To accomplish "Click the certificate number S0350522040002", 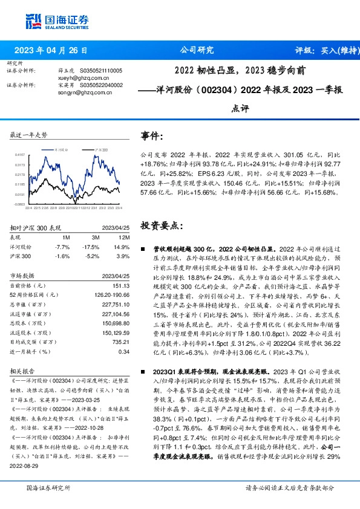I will coord(101,85).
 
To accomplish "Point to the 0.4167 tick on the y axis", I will coord(20,155).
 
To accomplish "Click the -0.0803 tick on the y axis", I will coord(20,204).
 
